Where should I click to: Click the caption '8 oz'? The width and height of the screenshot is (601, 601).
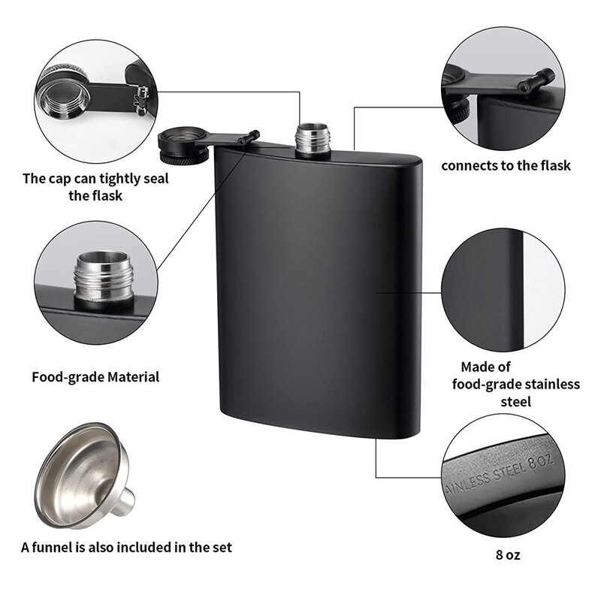tap(508, 555)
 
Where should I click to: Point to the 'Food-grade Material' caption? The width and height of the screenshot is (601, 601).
tap(95, 376)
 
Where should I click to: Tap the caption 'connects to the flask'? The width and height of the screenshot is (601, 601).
tap(505, 165)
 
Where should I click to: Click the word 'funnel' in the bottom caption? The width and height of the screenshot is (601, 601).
tap(61, 547)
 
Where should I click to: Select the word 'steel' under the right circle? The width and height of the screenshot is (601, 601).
tap(515, 401)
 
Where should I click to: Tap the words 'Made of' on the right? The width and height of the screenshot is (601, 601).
tap(485, 367)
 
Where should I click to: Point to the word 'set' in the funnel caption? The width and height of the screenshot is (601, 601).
tap(221, 547)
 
